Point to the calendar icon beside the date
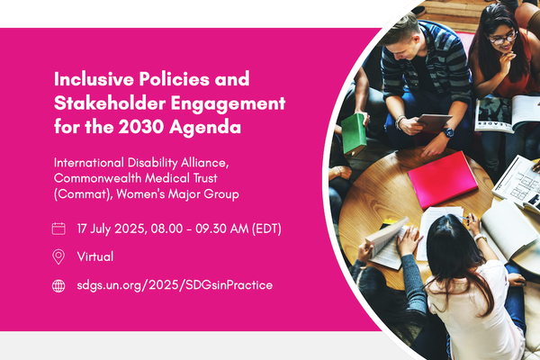click(59, 229)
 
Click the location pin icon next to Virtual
click(59, 256)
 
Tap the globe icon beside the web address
click(59, 285)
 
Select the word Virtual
click(95, 256)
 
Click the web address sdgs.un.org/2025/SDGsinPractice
click(175, 285)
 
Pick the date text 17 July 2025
click(112, 229)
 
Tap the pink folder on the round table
click(442, 179)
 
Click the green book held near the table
click(354, 133)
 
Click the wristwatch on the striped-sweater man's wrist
click(448, 132)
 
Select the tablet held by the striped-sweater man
click(433, 121)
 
